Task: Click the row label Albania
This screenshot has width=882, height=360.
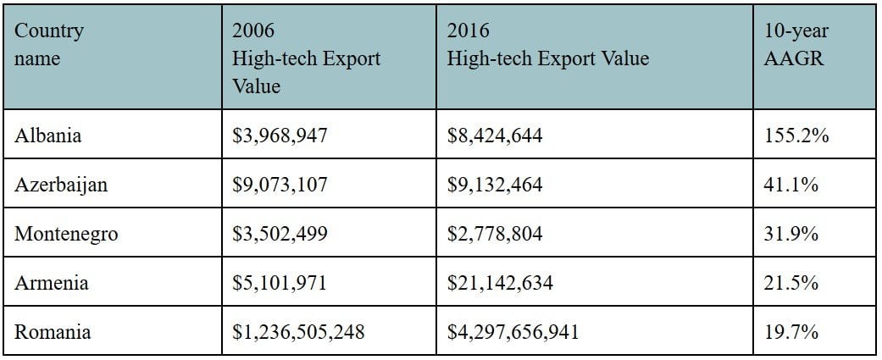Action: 48,135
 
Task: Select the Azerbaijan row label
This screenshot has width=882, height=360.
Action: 61,184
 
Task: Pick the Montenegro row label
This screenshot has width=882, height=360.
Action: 66,233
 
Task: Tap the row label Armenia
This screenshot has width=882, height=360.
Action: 52,282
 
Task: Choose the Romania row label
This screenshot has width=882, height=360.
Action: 53,331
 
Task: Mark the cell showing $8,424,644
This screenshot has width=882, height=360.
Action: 495,135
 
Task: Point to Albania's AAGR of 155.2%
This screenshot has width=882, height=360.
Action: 796,135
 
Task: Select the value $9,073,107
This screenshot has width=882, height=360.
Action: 280,184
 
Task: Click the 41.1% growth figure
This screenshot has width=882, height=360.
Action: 791,184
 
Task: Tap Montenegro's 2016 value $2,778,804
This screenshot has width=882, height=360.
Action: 495,233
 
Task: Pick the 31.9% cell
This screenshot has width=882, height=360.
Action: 791,233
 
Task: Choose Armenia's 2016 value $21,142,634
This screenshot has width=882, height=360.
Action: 500,282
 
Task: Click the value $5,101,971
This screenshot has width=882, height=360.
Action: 280,282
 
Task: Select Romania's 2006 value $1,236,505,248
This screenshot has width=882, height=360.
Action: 298,331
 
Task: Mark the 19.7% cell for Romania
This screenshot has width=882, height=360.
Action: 791,331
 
